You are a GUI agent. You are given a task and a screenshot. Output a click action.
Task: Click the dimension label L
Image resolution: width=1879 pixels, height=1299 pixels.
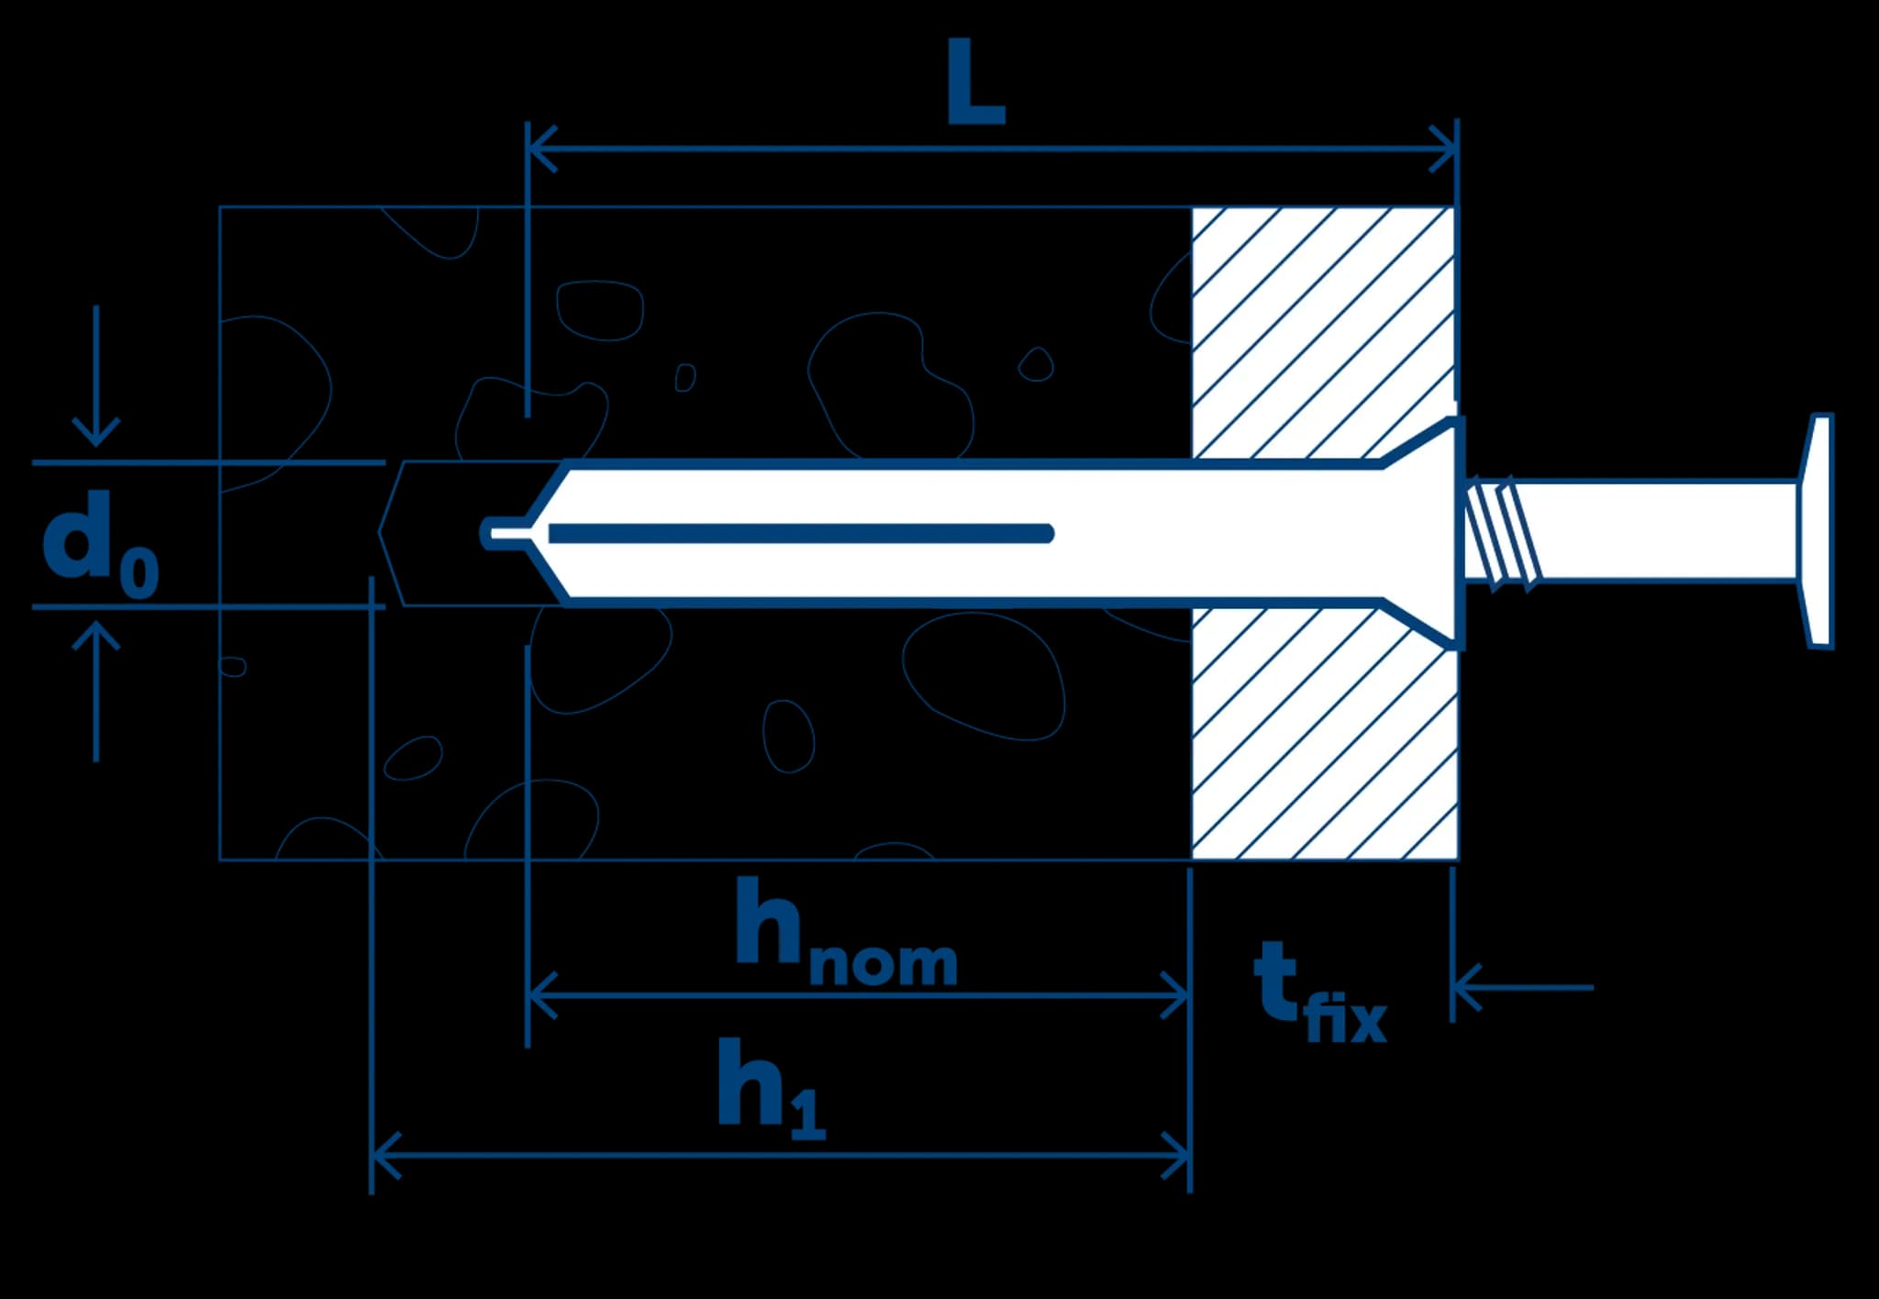[975, 84]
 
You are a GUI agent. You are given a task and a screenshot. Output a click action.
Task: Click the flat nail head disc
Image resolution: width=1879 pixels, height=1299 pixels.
[1818, 530]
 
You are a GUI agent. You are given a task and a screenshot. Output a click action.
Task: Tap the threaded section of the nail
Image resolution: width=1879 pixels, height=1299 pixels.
[1501, 532]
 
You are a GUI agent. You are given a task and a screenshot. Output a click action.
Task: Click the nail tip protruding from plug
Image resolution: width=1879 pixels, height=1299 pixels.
[503, 532]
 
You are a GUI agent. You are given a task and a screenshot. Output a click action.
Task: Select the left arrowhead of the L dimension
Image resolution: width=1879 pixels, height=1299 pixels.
[541, 148]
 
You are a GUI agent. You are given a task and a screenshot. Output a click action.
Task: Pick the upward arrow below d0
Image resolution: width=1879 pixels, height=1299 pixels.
[96, 638]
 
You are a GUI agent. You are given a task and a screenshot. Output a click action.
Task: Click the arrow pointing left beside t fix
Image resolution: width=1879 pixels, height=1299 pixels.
[1468, 988]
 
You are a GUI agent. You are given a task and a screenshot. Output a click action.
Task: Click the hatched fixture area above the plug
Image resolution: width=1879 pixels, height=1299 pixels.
[1321, 330]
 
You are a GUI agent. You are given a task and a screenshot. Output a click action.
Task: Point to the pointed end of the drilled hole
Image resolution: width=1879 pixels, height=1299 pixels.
[384, 532]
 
